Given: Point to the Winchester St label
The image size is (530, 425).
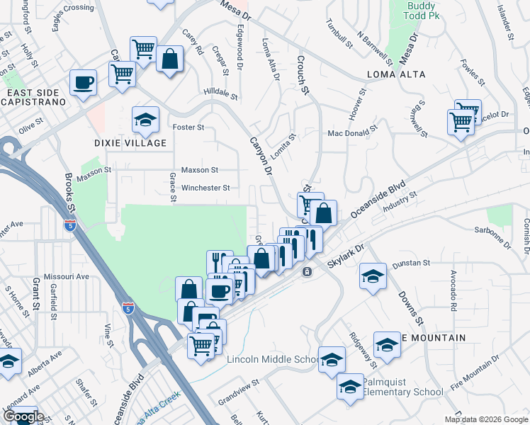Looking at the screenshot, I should click(x=205, y=188).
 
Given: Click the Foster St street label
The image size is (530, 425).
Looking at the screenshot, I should click(x=188, y=127).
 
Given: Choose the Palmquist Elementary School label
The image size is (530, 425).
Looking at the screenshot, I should click(x=402, y=387).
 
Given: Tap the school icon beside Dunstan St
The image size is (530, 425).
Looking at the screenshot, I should click(x=373, y=276).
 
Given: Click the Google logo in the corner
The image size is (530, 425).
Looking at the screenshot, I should click(x=23, y=416).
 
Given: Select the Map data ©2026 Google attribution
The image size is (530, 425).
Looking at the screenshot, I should click(x=485, y=419).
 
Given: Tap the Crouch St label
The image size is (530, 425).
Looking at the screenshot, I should click(x=303, y=75).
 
